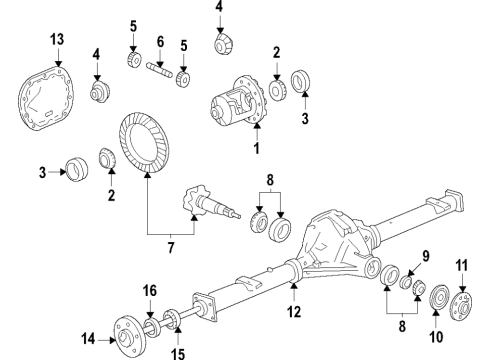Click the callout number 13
coord(56,39)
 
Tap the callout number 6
coord(160,41)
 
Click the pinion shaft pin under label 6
coord(161,71)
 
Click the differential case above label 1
coord(236,104)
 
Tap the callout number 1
coord(256,149)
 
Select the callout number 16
coord(150,291)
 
